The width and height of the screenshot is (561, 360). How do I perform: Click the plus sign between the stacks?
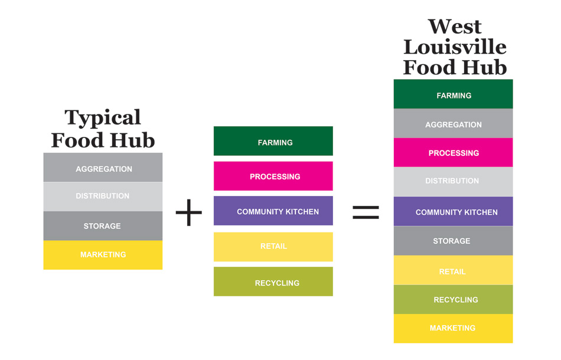tap(189, 212)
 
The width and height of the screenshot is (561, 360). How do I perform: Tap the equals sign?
tap(366, 212)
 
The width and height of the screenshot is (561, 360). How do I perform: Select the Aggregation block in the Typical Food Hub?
tap(103, 168)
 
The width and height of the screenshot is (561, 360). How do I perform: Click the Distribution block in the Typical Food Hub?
tap(103, 196)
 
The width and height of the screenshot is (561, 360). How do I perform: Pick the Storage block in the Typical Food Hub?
tap(103, 225)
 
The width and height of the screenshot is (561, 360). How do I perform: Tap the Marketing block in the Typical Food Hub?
tap(103, 254)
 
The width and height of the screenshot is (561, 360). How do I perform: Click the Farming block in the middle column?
tap(273, 142)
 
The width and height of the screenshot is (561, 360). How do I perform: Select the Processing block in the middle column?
tap(273, 176)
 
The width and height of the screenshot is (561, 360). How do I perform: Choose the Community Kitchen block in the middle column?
tap(273, 211)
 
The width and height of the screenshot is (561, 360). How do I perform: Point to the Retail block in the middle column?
tap(273, 246)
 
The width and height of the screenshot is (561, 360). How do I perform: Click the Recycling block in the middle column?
tap(273, 282)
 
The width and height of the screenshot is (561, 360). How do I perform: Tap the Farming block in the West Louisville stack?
tap(454, 95)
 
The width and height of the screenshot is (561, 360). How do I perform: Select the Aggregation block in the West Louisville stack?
tap(454, 124)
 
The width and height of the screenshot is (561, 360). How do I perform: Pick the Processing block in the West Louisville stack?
tap(454, 153)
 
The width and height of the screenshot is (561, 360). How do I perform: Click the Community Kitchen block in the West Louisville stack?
tap(454, 212)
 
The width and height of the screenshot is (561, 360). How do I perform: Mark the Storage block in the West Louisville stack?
tap(454, 241)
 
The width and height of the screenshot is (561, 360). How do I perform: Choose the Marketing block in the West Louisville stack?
tap(454, 328)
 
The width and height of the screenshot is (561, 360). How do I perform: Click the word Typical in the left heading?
tap(103, 118)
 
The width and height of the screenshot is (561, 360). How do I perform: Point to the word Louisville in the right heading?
tap(455, 47)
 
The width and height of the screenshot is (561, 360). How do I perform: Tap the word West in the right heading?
tap(455, 27)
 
